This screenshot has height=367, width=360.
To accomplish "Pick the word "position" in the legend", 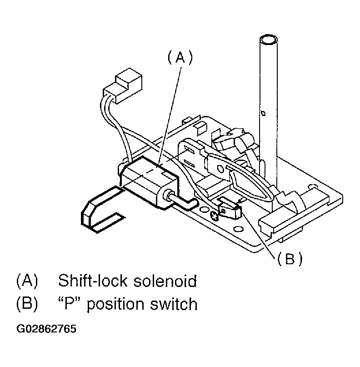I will [x=114, y=304].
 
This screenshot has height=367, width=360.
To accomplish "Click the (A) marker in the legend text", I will [x=26, y=281].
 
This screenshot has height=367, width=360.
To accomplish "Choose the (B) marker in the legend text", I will [x=26, y=303].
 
